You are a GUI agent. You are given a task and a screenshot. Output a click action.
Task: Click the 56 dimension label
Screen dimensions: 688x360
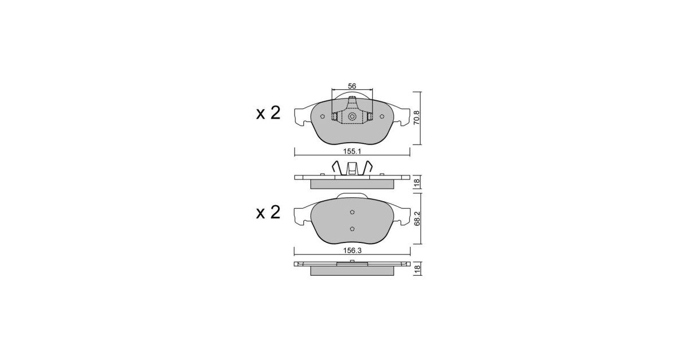351,86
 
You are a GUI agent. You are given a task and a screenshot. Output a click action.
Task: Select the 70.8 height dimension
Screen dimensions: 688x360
416,118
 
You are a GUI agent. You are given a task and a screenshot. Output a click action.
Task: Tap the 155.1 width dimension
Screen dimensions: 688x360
352,151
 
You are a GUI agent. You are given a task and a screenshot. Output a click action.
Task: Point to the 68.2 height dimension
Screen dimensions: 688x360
417,218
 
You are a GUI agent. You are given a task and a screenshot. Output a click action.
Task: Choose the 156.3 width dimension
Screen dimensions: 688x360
352,251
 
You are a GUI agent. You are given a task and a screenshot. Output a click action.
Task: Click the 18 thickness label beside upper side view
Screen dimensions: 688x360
417,183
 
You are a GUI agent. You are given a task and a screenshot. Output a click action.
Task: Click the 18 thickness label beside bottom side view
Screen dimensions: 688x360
417,269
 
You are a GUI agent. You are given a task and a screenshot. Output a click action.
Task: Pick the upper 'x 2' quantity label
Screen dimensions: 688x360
268,113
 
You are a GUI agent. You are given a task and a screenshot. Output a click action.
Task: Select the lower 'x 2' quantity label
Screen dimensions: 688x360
268,213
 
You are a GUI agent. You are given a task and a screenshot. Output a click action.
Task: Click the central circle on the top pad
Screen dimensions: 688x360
352,116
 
